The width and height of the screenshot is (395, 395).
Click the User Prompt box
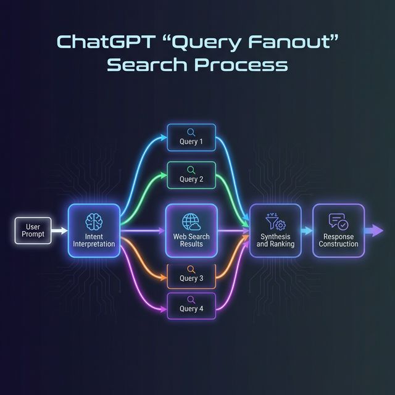(33, 231)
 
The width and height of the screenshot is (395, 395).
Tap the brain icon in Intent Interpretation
(94, 222)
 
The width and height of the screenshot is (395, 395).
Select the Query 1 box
(191, 137)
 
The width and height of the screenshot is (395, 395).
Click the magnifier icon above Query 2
(191, 169)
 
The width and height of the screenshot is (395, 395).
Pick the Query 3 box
(191, 274)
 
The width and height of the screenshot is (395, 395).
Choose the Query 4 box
(191, 305)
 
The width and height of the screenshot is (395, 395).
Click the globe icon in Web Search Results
(191, 222)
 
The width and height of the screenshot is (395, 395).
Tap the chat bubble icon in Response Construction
(338, 221)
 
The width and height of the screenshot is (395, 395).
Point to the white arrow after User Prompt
(60, 231)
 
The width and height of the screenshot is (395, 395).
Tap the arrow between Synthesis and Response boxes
(307, 231)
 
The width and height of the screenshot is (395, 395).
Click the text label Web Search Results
(191, 240)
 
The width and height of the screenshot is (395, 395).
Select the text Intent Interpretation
(94, 240)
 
